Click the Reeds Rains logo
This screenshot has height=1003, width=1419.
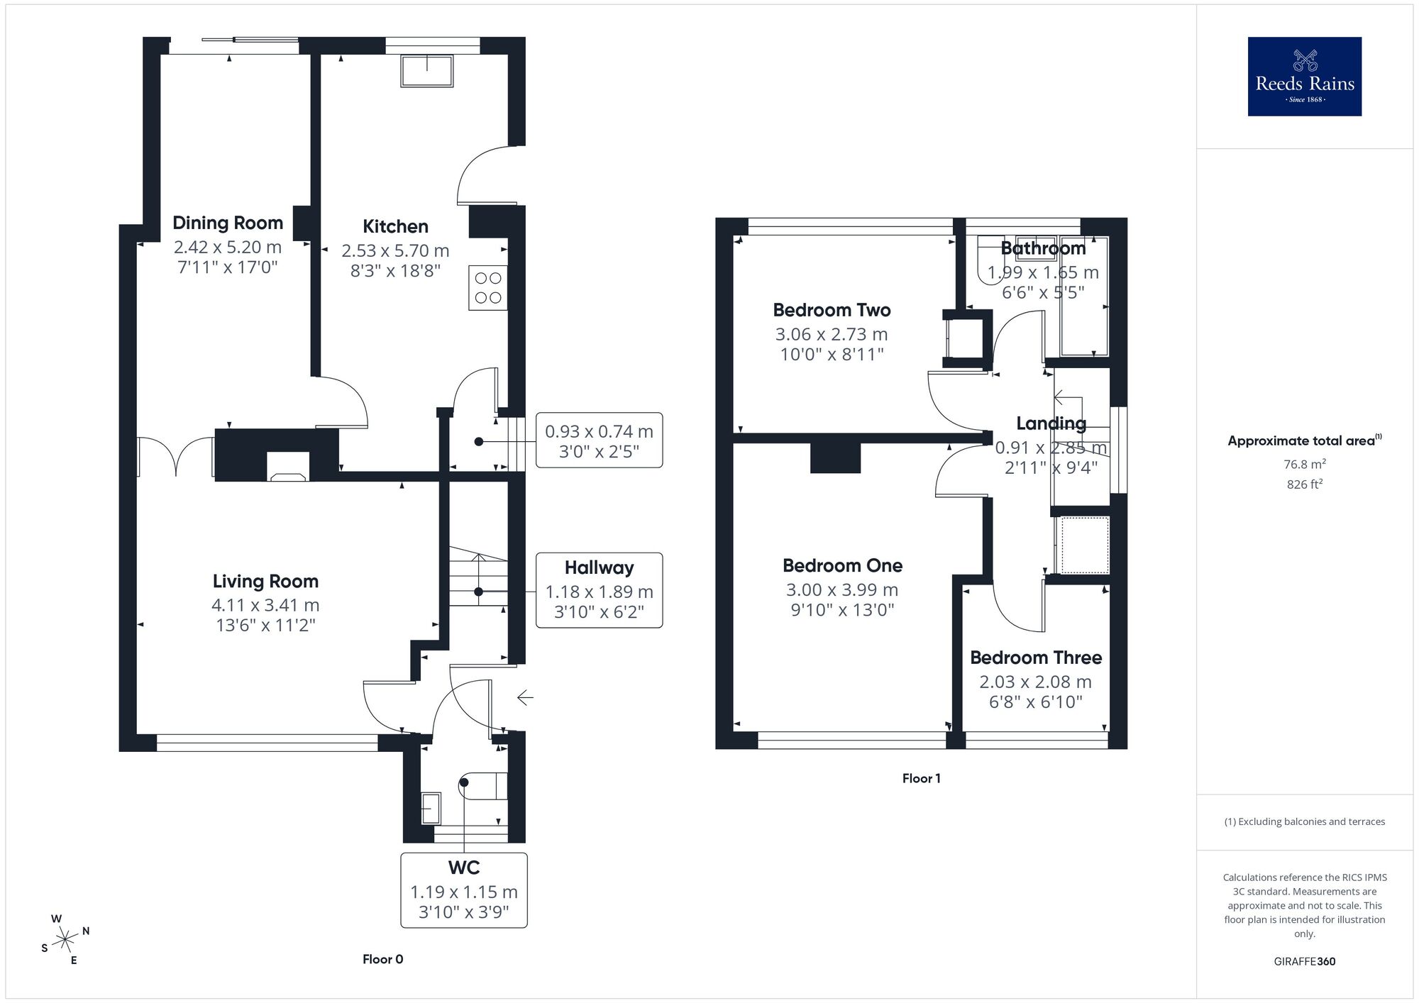tap(1304, 77)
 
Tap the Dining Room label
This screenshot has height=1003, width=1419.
tap(228, 223)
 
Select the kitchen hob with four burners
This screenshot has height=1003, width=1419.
tap(487, 288)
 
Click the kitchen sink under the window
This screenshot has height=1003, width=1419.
tap(427, 71)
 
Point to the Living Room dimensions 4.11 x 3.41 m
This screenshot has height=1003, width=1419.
tap(265, 605)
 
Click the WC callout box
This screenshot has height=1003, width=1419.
tap(464, 890)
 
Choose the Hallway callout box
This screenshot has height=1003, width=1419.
tap(599, 590)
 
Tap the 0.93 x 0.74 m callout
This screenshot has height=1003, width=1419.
tap(599, 440)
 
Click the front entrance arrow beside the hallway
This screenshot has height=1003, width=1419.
tap(525, 698)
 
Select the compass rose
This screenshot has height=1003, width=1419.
tap(65, 941)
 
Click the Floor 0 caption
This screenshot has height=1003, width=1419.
tap(382, 959)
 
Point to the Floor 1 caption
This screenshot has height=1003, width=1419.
tap(921, 778)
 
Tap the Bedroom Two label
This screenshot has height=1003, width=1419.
tap(832, 310)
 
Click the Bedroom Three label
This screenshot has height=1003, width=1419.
tap(1036, 658)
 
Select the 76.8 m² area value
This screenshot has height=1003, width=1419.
tap(1304, 464)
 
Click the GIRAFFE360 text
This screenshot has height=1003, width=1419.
tap(1304, 961)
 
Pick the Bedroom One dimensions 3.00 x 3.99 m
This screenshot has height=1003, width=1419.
tap(842, 589)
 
